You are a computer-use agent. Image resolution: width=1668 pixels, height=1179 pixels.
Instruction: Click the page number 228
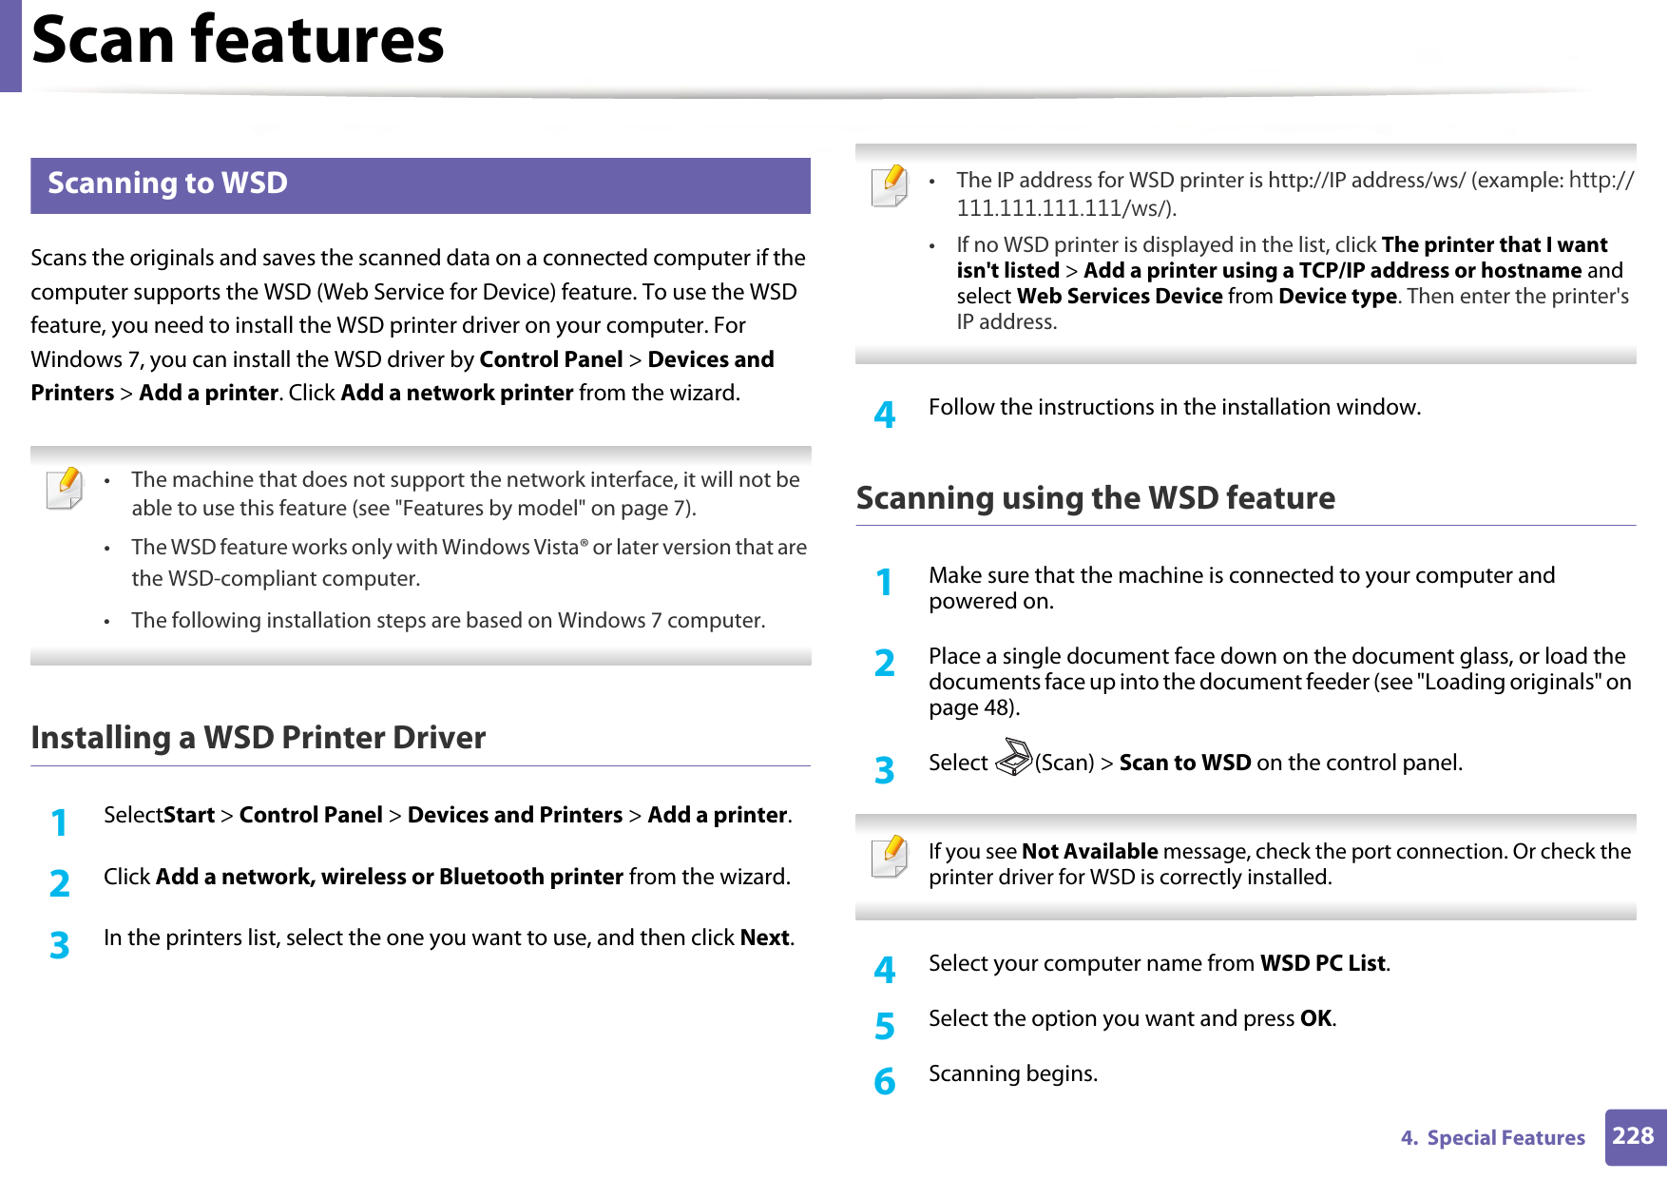(x=1633, y=1136)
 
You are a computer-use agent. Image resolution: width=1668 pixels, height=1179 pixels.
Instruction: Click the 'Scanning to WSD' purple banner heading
(x=168, y=184)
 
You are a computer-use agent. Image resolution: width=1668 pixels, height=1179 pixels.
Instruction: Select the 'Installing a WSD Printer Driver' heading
(x=258, y=738)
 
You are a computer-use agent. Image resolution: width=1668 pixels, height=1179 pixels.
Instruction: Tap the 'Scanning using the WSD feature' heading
(x=1095, y=498)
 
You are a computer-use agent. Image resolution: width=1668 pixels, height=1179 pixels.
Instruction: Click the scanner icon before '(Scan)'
(x=1013, y=758)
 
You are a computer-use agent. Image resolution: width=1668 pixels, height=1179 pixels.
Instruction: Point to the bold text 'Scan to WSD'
(x=1184, y=763)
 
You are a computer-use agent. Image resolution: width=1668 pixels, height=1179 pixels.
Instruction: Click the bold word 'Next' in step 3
(x=764, y=937)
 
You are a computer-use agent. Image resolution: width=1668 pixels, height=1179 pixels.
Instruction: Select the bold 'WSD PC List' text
(x=1322, y=963)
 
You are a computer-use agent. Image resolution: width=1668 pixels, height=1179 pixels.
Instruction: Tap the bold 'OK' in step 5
(x=1315, y=1018)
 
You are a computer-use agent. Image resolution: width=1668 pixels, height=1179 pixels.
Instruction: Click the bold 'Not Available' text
(x=1089, y=851)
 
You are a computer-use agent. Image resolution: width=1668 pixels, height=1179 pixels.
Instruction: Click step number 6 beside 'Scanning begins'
(x=884, y=1081)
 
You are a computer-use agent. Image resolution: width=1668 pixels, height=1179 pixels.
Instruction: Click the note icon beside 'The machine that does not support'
(x=65, y=488)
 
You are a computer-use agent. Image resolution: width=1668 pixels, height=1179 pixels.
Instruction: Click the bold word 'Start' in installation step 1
(x=189, y=815)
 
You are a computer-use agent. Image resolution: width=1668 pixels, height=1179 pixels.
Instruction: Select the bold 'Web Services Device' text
(x=1119, y=296)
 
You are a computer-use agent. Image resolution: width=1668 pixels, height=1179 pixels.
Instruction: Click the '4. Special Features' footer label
(x=1492, y=1138)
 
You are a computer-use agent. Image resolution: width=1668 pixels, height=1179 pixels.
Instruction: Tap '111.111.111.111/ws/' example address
(x=1064, y=207)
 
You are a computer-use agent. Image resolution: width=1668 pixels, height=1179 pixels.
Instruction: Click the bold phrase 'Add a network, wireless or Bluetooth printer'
(x=389, y=877)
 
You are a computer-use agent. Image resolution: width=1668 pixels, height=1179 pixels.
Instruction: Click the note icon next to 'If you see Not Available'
(x=890, y=856)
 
